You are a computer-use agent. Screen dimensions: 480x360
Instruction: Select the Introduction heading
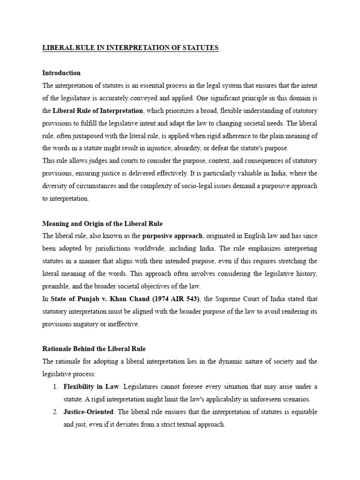(61, 73)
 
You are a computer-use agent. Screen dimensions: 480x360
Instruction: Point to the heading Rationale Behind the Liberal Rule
(94, 349)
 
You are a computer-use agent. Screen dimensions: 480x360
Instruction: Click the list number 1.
(55, 386)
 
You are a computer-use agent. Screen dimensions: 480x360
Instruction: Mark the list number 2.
(55, 412)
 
